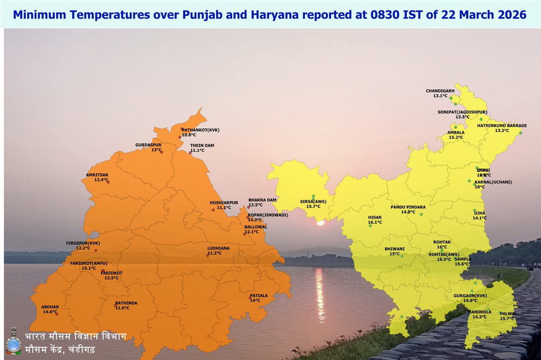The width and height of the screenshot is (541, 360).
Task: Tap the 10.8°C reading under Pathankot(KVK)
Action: [189, 135]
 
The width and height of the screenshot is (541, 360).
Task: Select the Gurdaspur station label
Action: [148, 145]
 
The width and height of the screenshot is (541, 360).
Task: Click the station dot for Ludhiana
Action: [207, 255]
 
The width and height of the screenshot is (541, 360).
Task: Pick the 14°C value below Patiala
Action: [255, 301]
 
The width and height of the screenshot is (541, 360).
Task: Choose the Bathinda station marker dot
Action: [115, 306]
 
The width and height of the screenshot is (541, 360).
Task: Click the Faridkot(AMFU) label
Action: [89, 263]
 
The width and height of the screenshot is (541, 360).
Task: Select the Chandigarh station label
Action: [440, 91]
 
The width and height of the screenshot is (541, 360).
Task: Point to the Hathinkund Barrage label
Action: [502, 125]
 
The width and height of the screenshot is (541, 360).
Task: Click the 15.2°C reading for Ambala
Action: [456, 137]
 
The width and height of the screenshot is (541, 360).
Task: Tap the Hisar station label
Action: [375, 217]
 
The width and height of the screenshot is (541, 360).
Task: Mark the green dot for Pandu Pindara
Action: [421, 214]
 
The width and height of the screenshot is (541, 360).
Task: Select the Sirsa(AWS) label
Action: [313, 201]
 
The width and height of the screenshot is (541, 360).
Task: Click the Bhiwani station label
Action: [394, 248]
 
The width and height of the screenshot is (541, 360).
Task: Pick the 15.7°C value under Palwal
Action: [507, 319]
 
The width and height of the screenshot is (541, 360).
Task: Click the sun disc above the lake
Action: [321, 223]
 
